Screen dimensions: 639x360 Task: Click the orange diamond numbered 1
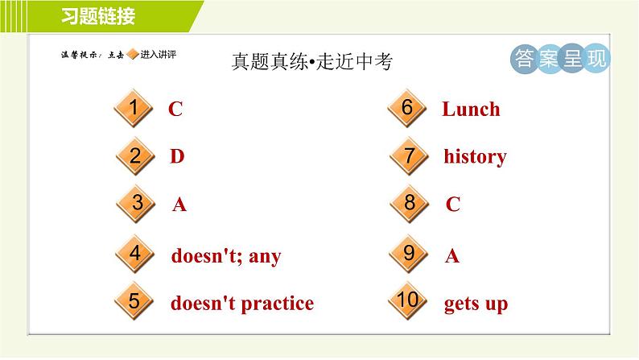point(134,108)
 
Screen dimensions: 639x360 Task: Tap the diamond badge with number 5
point(134,301)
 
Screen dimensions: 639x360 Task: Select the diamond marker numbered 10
point(407,300)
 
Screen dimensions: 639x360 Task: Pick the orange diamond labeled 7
point(409,156)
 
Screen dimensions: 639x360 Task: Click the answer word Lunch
point(471,110)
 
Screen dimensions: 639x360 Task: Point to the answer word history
point(475,156)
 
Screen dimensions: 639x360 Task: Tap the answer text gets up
point(476,304)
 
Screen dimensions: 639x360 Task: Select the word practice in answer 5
point(278,304)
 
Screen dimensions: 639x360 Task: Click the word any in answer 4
point(265,256)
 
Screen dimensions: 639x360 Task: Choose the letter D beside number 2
point(177,156)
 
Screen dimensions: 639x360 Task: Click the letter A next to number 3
point(179,205)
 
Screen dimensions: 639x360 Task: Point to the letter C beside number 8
point(453,204)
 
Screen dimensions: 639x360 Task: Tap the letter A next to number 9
point(452,256)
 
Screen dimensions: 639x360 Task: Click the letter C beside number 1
point(175,109)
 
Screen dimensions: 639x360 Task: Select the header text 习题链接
point(98,16)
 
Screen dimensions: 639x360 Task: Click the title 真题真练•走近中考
point(312,61)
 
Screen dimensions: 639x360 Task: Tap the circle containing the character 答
point(524,59)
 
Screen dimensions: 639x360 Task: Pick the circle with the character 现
point(596,59)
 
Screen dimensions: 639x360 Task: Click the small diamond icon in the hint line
point(133,54)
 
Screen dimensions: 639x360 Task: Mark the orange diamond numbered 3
point(136,204)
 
